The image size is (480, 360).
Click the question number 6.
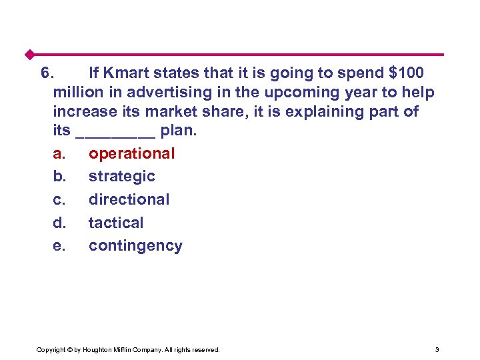pyautogui.click(x=47, y=72)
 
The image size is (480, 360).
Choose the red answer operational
pyautogui.click(x=131, y=154)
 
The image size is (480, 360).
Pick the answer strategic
pyautogui.click(x=121, y=177)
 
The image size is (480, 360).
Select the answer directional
pyautogui.click(x=129, y=199)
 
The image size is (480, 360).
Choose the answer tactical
pyautogui.click(x=116, y=223)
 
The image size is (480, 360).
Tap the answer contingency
pyautogui.click(x=135, y=246)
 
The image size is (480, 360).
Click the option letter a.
pyautogui.click(x=59, y=154)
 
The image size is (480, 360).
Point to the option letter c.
pyautogui.click(x=59, y=199)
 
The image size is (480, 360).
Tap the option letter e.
pyautogui.click(x=59, y=246)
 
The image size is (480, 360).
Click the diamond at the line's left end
pyautogui.click(x=29, y=54)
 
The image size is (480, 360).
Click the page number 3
pyautogui.click(x=437, y=349)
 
